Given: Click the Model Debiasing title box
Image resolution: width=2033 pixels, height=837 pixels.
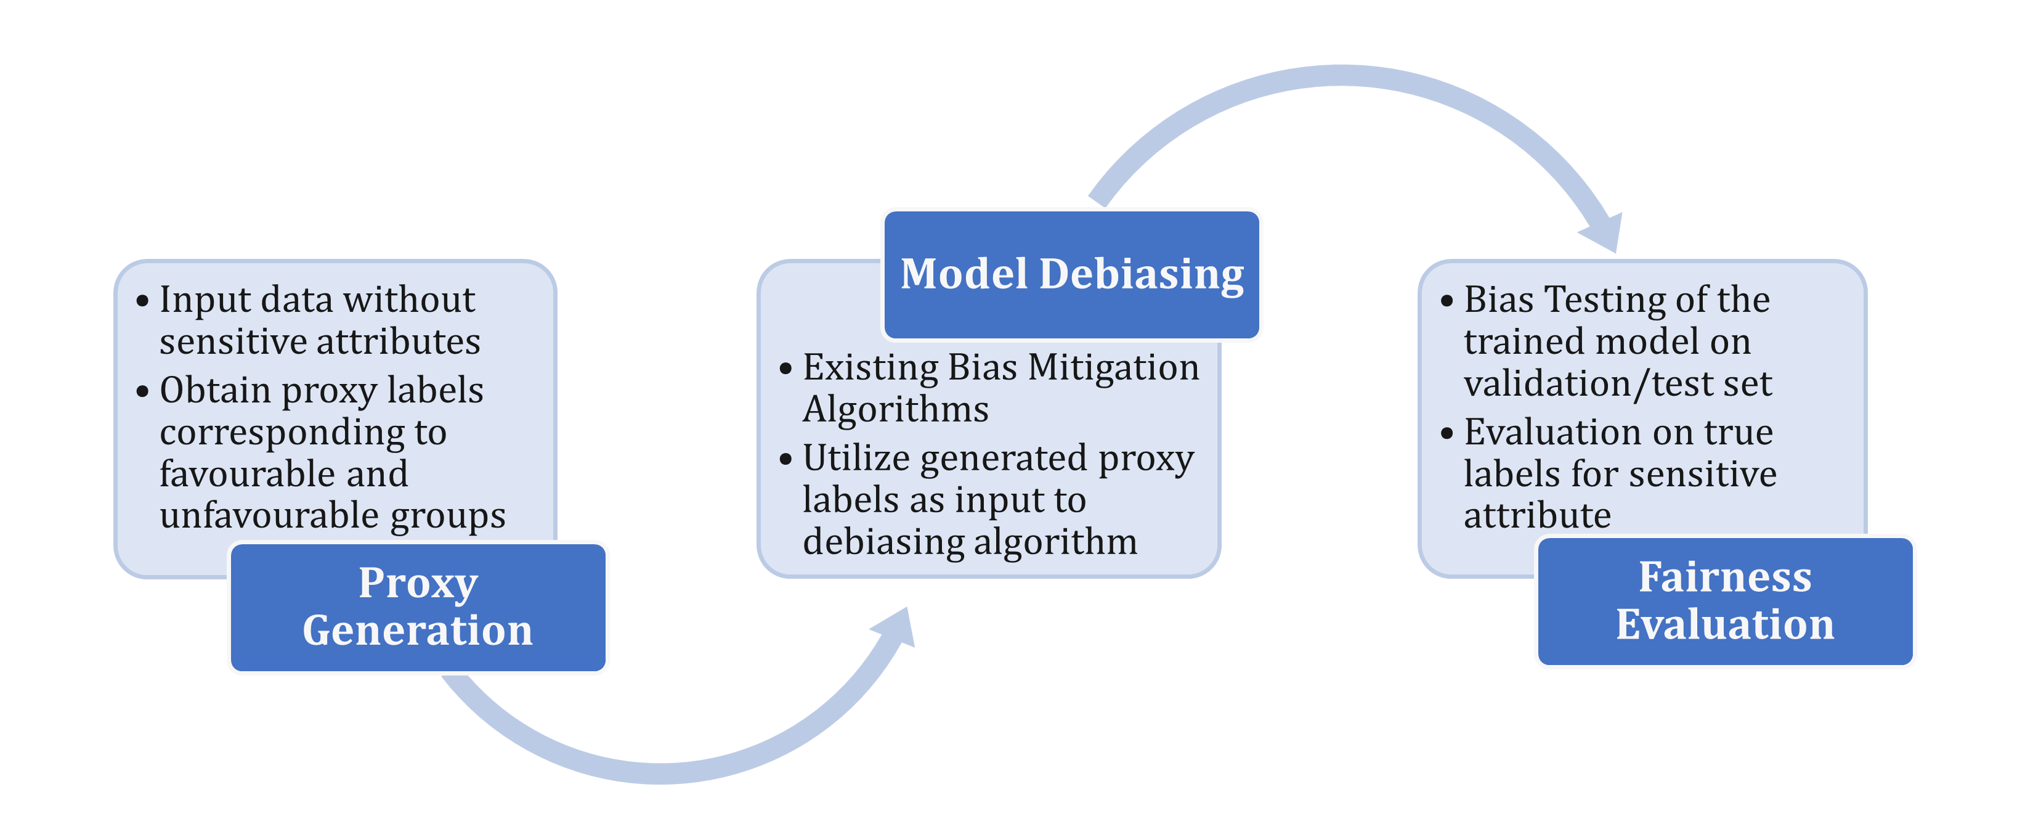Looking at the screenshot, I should click(x=1072, y=275).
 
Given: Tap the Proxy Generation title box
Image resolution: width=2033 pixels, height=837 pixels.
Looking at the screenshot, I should click(x=418, y=606).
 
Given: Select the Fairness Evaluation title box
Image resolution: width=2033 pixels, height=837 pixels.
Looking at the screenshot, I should click(x=1725, y=601).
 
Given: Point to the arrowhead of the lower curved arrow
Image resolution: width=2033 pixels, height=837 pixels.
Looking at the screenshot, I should click(x=896, y=629).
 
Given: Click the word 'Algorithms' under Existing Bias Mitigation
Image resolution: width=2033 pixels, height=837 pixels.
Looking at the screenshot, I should click(x=895, y=410).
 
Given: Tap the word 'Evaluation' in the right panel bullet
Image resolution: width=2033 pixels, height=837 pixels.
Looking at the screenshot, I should click(x=1546, y=433).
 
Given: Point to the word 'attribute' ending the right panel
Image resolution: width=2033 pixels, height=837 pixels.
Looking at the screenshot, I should click(x=1536, y=516).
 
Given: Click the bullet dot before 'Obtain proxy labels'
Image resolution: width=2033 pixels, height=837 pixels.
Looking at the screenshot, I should click(x=143, y=391).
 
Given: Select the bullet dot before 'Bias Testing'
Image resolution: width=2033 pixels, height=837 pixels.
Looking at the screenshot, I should click(x=1447, y=301).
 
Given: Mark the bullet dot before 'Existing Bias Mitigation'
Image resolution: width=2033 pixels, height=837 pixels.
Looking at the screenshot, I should click(x=785, y=369).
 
